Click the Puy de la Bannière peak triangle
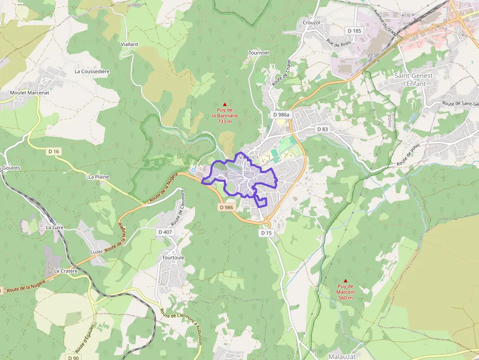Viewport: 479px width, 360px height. coord(225,104)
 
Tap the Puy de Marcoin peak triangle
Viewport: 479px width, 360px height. coord(346,280)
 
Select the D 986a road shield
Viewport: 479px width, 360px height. coord(281,114)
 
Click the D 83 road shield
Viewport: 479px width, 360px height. coord(323,129)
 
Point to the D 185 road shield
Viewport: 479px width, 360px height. coord(354,30)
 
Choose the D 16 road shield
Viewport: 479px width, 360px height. coord(54,151)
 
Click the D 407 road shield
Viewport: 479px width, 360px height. coord(165,232)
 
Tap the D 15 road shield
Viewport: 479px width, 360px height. coord(266,233)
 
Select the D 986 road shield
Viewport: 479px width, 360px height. coord(227,207)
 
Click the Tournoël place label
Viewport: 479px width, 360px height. coord(259,52)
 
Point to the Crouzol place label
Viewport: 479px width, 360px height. coord(311,22)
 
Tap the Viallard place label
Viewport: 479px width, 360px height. coord(129,44)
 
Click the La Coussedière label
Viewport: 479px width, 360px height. coord(92,71)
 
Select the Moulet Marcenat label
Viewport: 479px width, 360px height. coord(29,92)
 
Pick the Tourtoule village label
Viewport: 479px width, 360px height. coord(173,257)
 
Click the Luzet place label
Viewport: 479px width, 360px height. coord(97,252)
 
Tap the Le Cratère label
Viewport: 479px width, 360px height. coord(66,270)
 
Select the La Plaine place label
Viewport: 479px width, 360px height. coord(99,176)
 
